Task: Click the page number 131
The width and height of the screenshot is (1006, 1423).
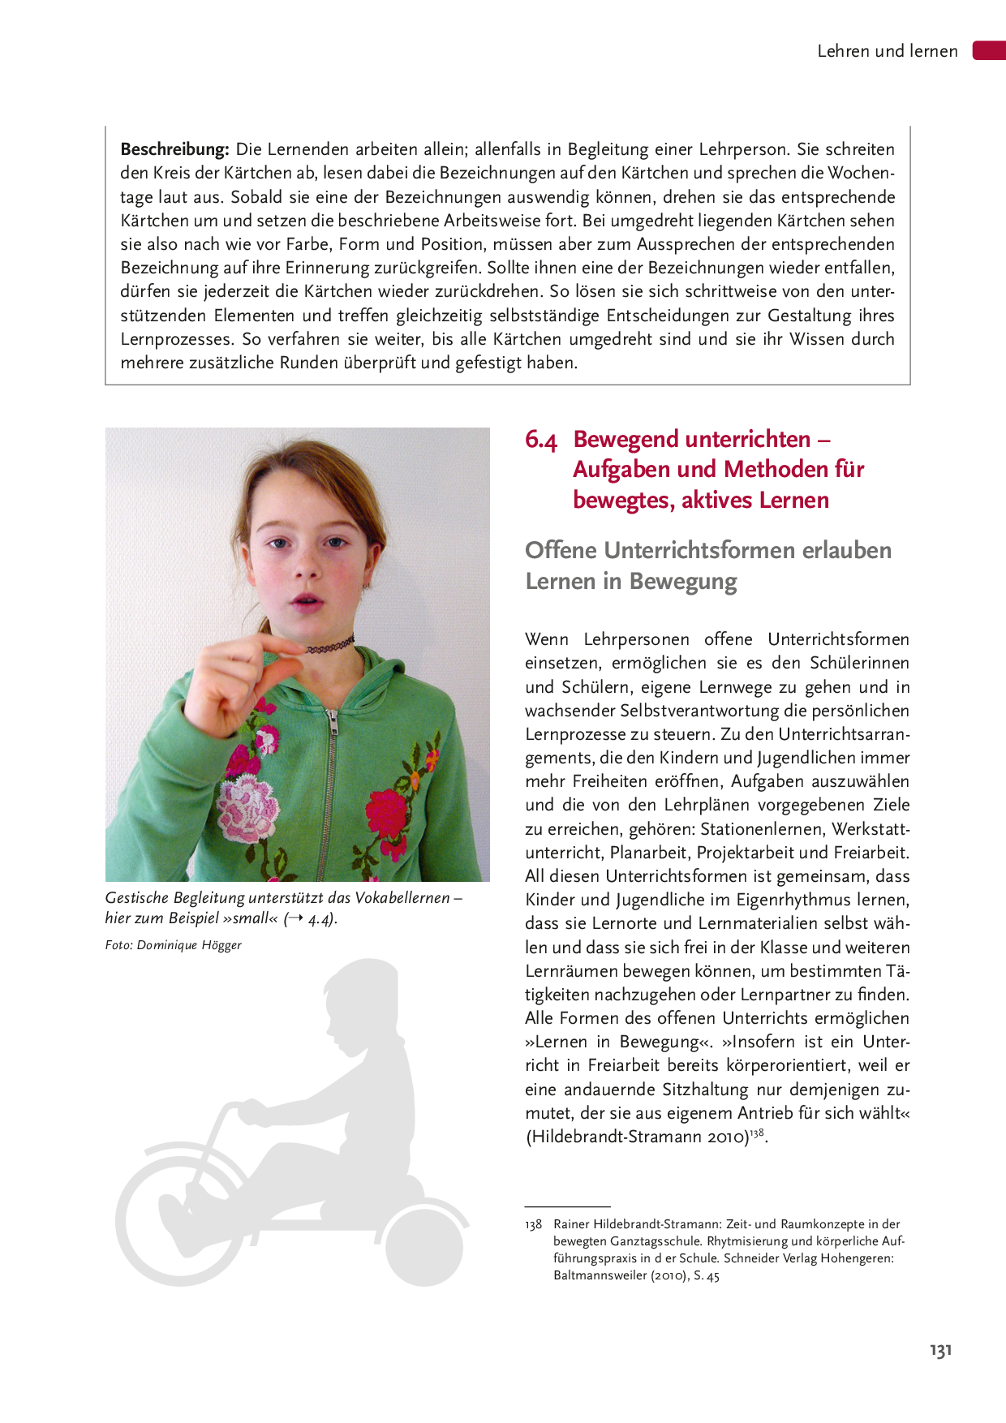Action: [940, 1351]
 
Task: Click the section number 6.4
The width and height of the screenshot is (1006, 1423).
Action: [541, 441]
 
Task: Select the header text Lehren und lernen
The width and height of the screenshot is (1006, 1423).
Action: [887, 51]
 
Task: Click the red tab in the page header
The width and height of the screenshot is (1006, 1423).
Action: [990, 50]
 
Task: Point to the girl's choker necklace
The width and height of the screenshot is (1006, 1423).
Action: [330, 647]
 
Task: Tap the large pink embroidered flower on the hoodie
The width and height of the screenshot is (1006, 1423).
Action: [247, 806]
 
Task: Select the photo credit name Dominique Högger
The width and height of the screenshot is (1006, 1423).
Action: [189, 945]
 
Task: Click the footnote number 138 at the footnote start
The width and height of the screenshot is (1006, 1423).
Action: [533, 1224]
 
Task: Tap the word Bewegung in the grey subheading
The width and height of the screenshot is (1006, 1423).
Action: [683, 582]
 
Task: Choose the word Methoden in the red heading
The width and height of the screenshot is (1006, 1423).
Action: [763, 470]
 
